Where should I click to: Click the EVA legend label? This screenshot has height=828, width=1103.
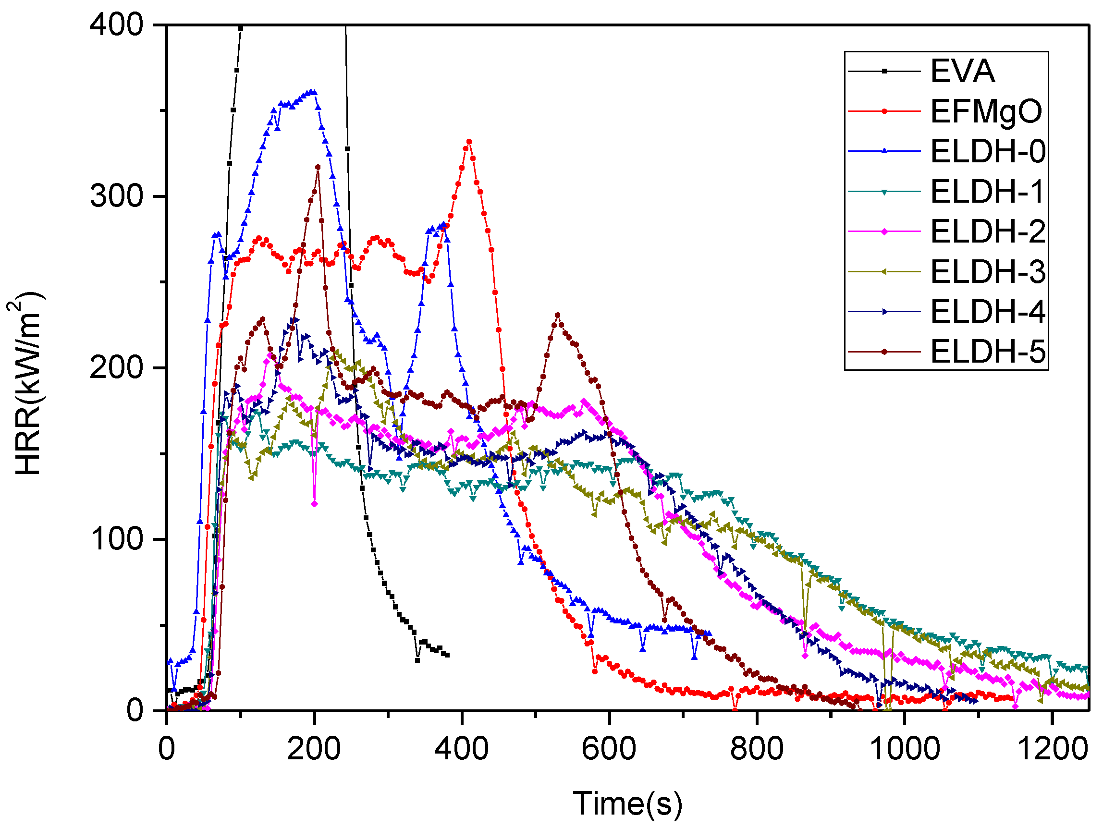(962, 71)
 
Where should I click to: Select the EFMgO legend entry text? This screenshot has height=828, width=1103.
(986, 111)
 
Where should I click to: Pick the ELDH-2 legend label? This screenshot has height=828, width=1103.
(987, 231)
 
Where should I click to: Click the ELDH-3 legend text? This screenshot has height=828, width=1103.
(987, 272)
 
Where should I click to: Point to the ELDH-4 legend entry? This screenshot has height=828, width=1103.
(987, 312)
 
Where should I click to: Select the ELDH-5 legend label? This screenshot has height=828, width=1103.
(987, 352)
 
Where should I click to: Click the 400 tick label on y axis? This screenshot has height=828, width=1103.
(116, 25)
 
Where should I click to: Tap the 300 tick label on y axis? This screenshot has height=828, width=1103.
(116, 196)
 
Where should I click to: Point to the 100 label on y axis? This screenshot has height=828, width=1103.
(116, 539)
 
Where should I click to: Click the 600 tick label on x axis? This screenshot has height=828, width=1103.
(609, 749)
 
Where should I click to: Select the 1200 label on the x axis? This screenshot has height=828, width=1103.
(1052, 749)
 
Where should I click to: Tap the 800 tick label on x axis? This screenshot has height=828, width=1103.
(757, 749)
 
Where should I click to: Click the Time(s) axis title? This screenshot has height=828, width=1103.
(627, 804)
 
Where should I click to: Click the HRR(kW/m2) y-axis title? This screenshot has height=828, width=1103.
(27, 384)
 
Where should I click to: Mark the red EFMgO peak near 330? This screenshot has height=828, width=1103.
(469, 142)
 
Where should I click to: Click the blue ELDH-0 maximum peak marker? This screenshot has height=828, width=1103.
(313, 92)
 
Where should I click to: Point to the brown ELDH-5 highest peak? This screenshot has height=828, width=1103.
(318, 167)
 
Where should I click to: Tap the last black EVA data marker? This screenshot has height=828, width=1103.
(447, 655)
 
